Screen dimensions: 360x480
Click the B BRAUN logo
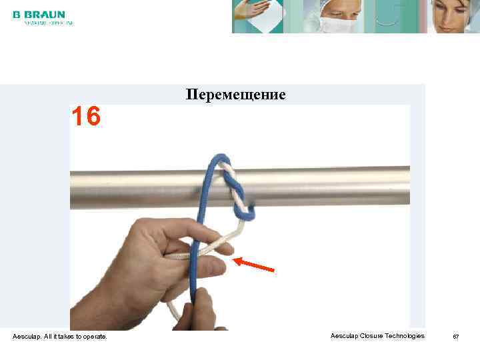click(39, 14)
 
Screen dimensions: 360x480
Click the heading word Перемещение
click(235, 95)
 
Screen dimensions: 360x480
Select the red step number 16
click(86, 117)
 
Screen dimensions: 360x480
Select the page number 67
click(456, 337)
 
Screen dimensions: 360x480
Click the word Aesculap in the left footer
click(26, 337)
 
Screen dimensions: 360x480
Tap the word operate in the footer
click(93, 337)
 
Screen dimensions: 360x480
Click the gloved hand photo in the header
click(258, 16)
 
